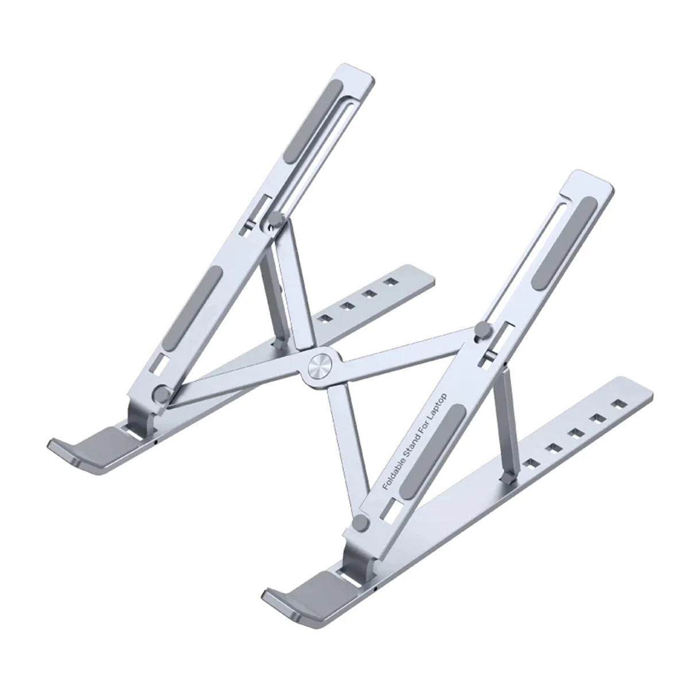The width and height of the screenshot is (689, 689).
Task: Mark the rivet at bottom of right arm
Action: (361, 522)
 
